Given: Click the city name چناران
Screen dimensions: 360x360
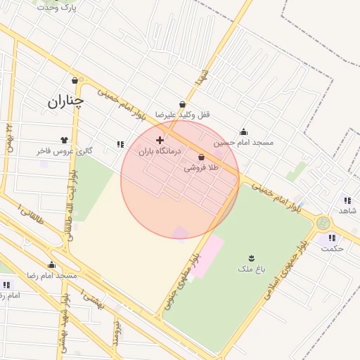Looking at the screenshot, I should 65,101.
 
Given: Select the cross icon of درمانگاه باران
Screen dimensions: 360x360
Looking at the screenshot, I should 160,140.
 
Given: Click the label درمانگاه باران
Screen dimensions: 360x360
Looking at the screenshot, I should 159,151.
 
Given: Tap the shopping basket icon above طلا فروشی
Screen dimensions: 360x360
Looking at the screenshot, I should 202,157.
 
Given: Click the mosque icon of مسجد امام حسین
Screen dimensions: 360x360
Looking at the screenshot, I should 243,131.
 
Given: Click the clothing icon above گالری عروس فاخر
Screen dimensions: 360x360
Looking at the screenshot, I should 65,140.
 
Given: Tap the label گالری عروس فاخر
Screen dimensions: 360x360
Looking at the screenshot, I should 65,151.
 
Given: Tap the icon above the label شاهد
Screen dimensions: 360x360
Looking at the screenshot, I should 347,200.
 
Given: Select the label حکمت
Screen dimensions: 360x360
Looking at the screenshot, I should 332,248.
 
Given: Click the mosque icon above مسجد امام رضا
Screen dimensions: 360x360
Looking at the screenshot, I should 51,265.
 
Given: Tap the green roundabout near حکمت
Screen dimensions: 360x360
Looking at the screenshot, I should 323,224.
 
